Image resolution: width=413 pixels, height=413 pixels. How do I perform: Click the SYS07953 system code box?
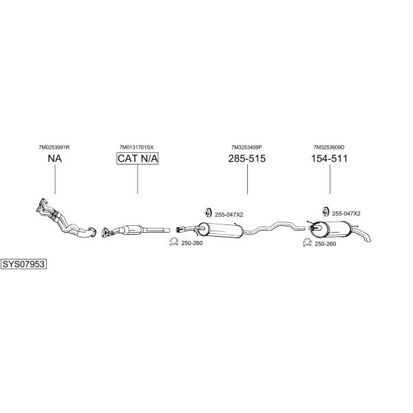click(x=23, y=264)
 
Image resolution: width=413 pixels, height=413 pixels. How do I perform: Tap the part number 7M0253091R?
click(x=54, y=147)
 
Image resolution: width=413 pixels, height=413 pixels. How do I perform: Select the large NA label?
click(x=55, y=158)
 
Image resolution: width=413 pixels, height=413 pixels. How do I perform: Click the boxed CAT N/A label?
click(x=138, y=158)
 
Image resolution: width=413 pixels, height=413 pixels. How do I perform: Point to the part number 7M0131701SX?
click(x=136, y=147)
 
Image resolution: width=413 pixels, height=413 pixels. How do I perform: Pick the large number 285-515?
click(x=247, y=158)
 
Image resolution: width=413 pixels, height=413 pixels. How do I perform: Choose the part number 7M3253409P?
click(x=246, y=147)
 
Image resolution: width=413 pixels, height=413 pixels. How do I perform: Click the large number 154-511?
click(x=329, y=158)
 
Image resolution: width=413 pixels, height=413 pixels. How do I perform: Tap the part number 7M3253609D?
click(x=329, y=147)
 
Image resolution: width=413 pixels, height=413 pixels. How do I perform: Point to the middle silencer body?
click(x=221, y=230)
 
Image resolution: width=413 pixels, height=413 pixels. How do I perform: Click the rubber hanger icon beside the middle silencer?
click(x=209, y=213)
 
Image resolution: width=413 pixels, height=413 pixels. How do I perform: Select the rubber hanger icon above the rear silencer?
click(x=326, y=211)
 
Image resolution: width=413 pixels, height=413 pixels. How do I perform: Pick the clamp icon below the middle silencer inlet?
click(x=173, y=242)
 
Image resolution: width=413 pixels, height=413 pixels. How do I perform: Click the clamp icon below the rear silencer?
click(x=307, y=242)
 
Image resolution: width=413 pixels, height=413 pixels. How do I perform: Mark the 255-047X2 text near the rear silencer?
click(x=346, y=213)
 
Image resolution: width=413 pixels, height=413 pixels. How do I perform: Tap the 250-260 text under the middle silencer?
click(x=192, y=243)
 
